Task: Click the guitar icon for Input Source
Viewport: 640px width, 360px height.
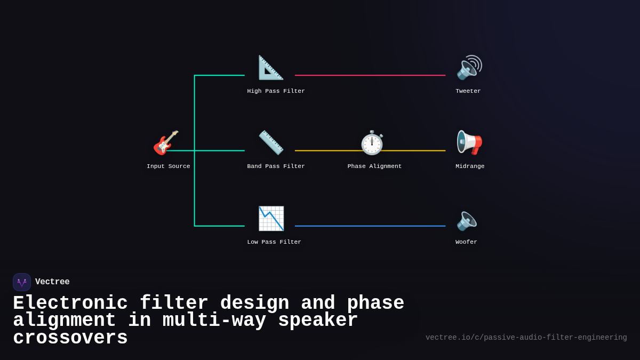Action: point(166,142)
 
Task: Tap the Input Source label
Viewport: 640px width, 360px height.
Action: point(168,166)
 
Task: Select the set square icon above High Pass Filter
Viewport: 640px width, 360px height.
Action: point(271,68)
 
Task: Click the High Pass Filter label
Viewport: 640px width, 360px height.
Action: point(276,91)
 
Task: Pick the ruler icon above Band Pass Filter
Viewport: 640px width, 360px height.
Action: point(271,142)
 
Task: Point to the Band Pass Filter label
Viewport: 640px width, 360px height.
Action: point(276,166)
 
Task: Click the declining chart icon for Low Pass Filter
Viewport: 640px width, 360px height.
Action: point(271,218)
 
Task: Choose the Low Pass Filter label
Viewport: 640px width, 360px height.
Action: point(274,242)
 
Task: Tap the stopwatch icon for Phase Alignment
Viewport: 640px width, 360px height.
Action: point(372,142)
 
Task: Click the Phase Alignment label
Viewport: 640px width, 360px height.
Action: point(374,166)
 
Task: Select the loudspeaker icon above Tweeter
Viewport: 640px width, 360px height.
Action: point(469,68)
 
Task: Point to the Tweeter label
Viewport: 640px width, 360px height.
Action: point(468,91)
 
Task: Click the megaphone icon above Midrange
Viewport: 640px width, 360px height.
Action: point(469,142)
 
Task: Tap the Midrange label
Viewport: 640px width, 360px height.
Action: point(470,166)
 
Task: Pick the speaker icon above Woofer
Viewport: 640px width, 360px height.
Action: point(467,220)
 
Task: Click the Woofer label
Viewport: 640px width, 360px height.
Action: point(466,242)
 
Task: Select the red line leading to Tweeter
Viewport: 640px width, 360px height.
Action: point(370,75)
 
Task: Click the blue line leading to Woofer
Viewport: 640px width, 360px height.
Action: point(370,226)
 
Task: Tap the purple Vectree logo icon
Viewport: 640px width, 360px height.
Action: point(22,282)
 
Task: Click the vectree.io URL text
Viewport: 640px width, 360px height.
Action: point(526,338)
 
